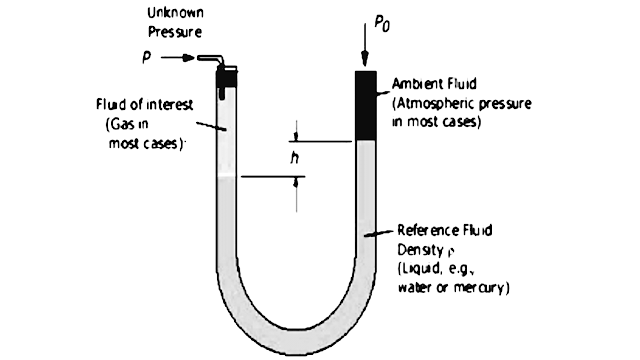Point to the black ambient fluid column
(363, 105)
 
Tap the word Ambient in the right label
(411, 85)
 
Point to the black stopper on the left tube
(228, 75)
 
